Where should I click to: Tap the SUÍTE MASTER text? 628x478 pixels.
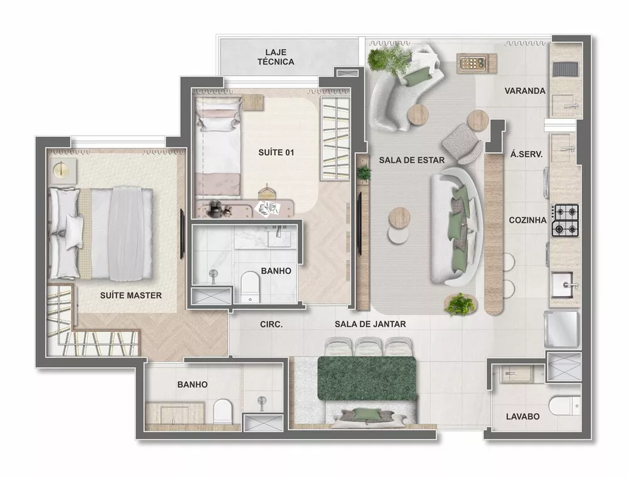131,295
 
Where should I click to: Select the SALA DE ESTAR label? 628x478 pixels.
411,160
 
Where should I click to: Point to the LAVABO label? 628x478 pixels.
523,416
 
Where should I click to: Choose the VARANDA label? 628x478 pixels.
524,91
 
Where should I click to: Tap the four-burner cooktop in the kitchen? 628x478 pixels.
565,221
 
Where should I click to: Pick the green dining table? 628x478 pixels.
367,378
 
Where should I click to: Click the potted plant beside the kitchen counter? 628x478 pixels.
460,304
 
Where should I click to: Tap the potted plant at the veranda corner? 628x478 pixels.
382,59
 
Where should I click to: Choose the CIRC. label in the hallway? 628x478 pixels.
271,325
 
